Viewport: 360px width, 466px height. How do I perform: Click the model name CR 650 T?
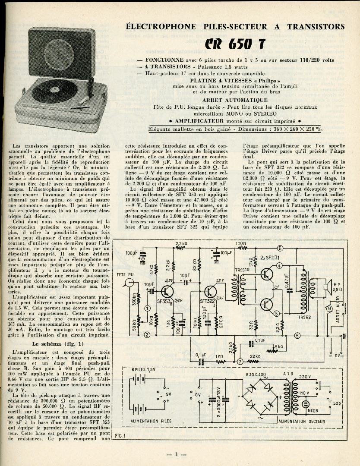(x=235, y=44)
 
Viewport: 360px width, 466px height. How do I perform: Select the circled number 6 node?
(x=292, y=248)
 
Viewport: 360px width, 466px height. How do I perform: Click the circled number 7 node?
(x=240, y=362)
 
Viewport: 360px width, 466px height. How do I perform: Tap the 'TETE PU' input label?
(x=125, y=274)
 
